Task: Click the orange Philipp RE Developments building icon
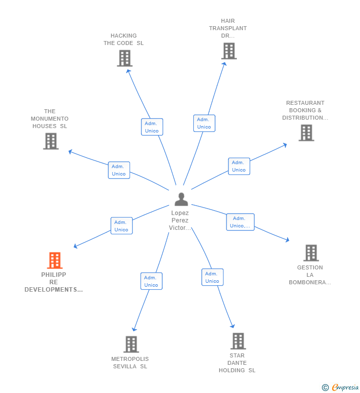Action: click(x=54, y=261)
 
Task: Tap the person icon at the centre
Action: click(x=181, y=199)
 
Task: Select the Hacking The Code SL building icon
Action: click(x=125, y=58)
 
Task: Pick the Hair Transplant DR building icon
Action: click(x=228, y=51)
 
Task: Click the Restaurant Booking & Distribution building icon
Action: click(x=306, y=133)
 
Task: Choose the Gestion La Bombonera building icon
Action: click(x=311, y=253)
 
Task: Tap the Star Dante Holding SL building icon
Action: click(x=238, y=341)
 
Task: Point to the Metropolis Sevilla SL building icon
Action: click(x=131, y=344)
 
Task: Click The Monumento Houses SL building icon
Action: click(x=50, y=141)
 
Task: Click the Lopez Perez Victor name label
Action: click(x=180, y=220)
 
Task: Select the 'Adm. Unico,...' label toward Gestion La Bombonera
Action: click(x=240, y=222)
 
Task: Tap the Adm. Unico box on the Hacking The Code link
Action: click(x=152, y=127)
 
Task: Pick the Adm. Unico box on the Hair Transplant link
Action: click(x=204, y=123)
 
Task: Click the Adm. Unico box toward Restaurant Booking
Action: click(x=239, y=166)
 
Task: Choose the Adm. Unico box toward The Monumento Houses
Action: click(x=119, y=170)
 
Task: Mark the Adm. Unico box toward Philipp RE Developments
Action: click(x=122, y=226)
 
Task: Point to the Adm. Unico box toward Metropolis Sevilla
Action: click(x=151, y=281)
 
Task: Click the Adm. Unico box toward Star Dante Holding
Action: click(x=212, y=277)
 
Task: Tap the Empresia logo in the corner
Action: click(x=340, y=387)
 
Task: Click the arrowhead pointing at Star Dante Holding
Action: click(x=232, y=326)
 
